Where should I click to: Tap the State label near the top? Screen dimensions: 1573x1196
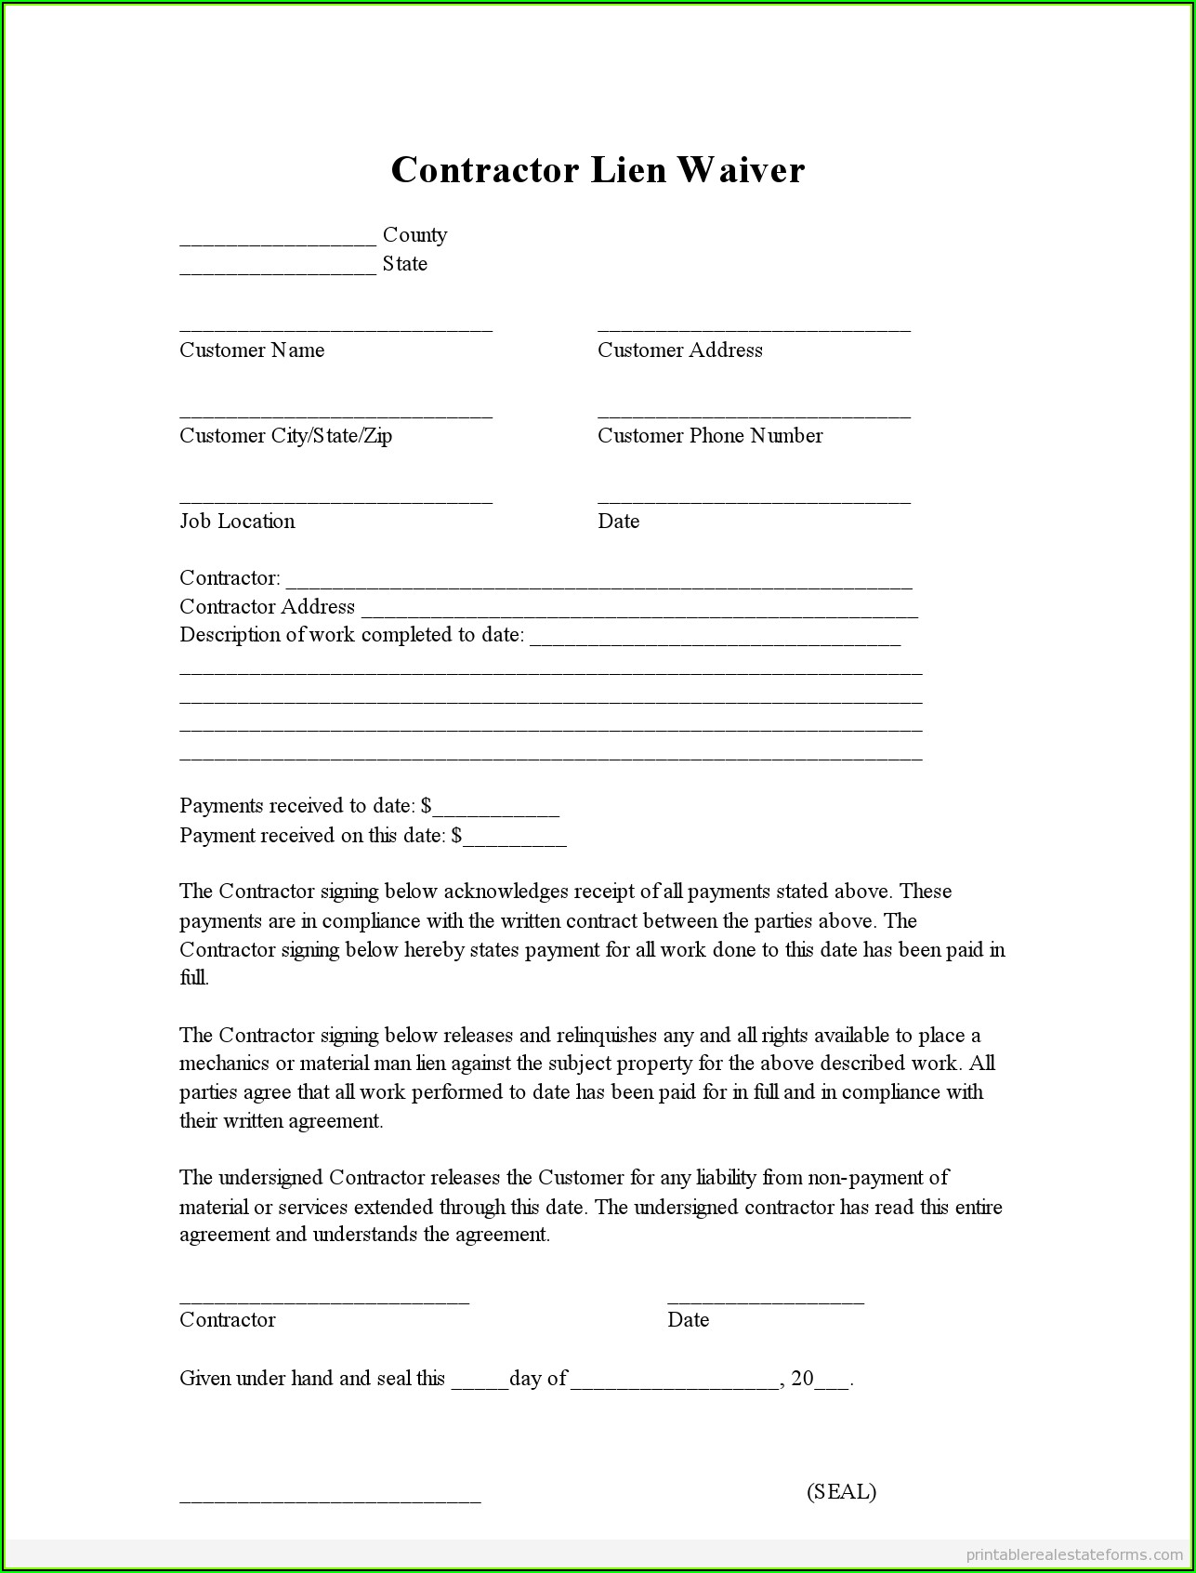404,264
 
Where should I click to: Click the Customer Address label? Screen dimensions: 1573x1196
679,350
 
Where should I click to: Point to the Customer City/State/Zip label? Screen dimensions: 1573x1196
285,436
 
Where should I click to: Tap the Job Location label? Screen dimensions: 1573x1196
237,522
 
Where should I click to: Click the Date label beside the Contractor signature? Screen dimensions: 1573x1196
688,1320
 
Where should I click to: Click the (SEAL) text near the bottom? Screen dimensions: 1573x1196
841,1492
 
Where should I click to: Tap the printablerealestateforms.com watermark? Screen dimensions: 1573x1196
1073,1553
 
